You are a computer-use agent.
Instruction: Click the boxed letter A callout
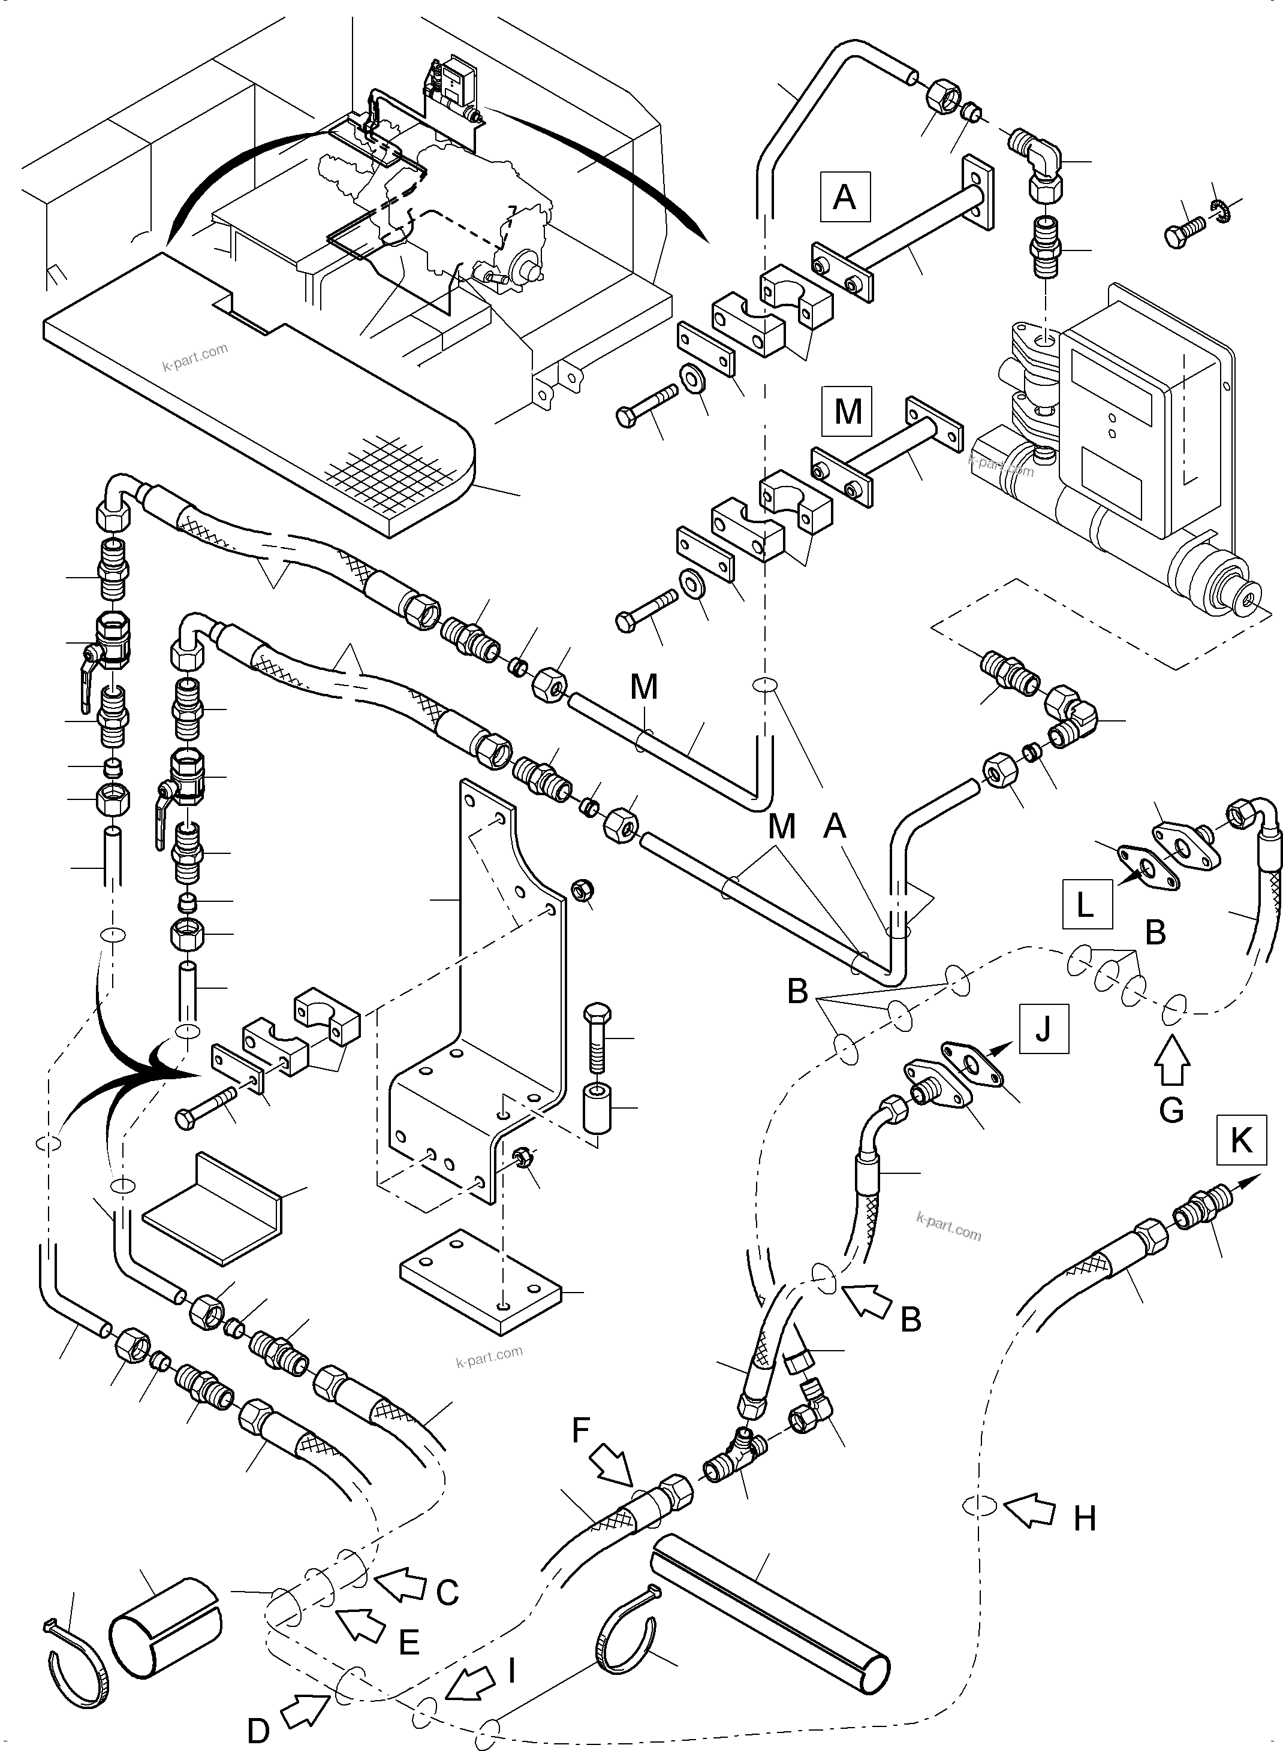844,197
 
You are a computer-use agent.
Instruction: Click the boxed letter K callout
1242,1140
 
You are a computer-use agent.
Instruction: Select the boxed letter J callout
1043,1028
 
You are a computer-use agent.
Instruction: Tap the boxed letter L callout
1086,904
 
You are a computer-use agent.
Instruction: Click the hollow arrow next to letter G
1173,1062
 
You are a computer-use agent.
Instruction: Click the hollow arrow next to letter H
1031,1512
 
